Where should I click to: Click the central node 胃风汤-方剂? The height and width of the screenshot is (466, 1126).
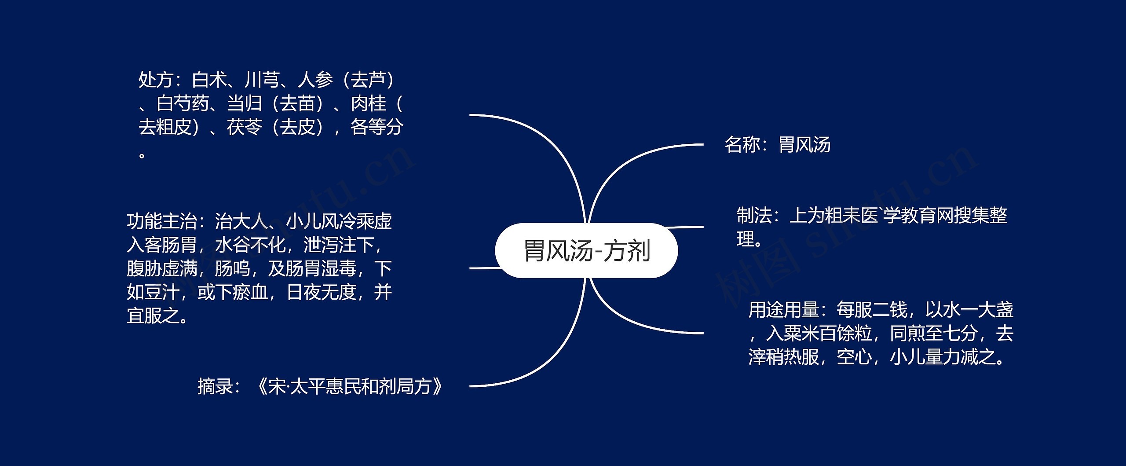click(x=586, y=251)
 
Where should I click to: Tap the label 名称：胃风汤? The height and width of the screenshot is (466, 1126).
click(x=777, y=145)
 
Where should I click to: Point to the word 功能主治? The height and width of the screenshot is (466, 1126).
click(x=162, y=221)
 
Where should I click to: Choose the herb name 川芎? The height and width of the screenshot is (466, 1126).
click(x=262, y=80)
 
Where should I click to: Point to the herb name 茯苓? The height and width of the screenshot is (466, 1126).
click(x=245, y=128)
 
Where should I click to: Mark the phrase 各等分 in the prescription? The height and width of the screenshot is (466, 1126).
click(x=377, y=128)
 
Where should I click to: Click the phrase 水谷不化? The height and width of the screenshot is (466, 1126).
click(x=250, y=245)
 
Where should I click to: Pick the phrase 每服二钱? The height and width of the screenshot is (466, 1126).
click(x=872, y=310)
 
